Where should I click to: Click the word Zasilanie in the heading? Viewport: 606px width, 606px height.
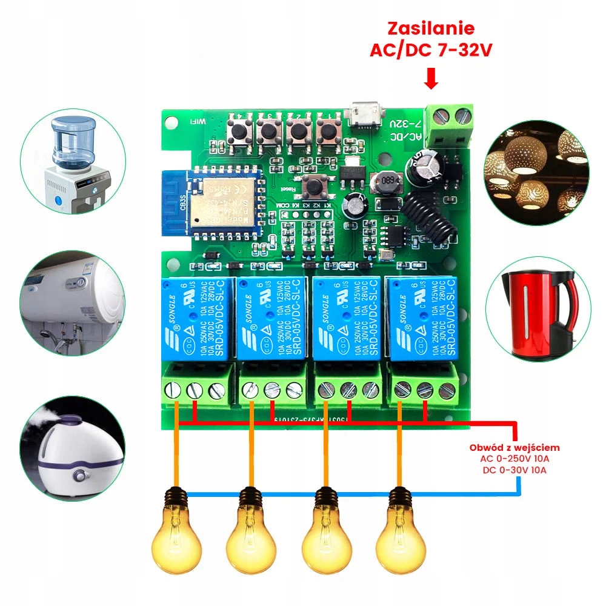(431, 28)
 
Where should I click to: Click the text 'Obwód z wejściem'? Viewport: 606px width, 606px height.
(514, 447)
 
